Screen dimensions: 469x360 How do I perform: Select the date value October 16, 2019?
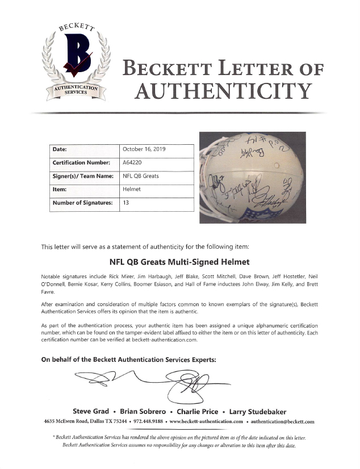(x=144, y=149)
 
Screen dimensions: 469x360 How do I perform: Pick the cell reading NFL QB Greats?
(x=141, y=176)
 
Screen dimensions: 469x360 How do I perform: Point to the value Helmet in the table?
(x=131, y=189)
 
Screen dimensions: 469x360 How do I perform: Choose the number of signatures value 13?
(x=125, y=202)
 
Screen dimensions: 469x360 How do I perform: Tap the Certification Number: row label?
(x=81, y=162)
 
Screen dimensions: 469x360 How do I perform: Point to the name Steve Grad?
(x=95, y=411)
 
